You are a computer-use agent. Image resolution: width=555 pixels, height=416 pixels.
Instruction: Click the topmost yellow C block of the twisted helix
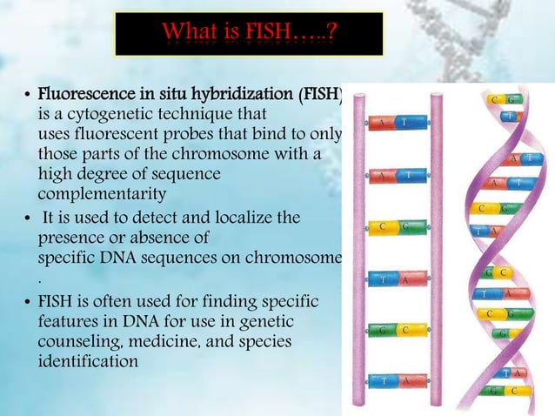click(494, 100)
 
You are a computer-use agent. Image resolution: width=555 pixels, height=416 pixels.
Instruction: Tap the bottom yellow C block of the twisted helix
click(516, 391)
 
